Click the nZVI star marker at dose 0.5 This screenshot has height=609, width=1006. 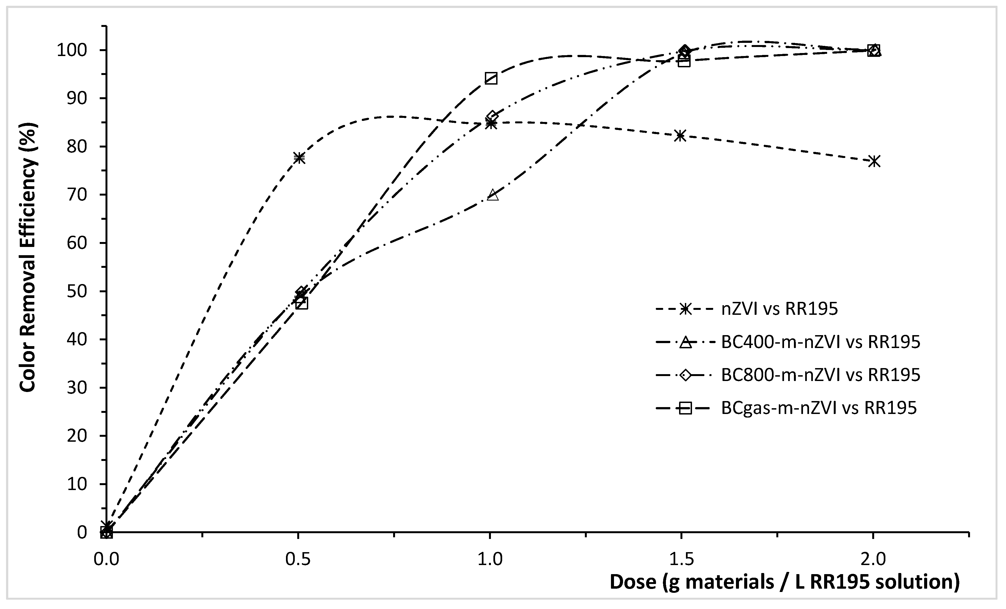(x=299, y=158)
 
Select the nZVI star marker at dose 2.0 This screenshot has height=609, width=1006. (x=874, y=161)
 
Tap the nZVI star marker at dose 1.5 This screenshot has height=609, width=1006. (x=680, y=135)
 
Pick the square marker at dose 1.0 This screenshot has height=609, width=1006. (x=491, y=78)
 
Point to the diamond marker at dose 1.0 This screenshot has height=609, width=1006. (x=492, y=116)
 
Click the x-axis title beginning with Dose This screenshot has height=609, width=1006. (x=784, y=582)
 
